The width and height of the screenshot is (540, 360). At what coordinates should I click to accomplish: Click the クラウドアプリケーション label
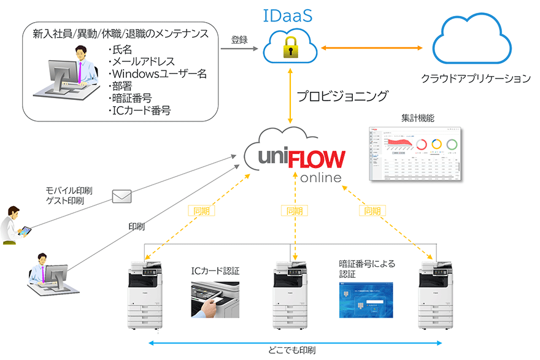coord(476,79)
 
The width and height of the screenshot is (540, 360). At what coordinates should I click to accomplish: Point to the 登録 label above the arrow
coord(239,40)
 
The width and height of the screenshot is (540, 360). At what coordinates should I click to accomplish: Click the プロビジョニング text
coord(342,96)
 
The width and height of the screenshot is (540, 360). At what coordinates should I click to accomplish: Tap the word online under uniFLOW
coord(321,178)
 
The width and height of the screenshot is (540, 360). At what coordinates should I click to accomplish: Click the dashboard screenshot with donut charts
coord(415,154)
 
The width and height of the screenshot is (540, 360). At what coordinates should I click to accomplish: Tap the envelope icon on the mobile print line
coord(122,196)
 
